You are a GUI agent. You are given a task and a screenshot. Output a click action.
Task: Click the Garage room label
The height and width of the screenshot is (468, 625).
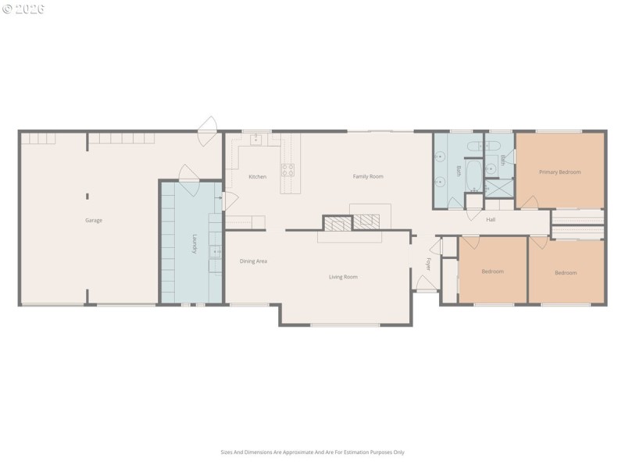[x=94, y=221]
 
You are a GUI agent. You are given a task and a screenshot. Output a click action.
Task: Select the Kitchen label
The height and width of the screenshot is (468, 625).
[x=257, y=177]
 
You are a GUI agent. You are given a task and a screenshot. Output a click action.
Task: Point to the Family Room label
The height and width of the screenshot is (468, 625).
[x=367, y=177]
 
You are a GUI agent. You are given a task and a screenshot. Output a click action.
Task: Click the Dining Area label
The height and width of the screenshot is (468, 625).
[x=253, y=261]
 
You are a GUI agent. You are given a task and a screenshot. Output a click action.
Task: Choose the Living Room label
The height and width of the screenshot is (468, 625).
[x=343, y=277]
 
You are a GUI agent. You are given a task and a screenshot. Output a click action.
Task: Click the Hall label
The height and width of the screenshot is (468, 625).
[x=491, y=220]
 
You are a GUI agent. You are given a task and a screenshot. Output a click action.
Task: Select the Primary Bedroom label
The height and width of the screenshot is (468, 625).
[x=559, y=172]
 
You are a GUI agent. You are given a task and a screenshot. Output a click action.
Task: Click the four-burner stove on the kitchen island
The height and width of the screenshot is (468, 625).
[x=288, y=169]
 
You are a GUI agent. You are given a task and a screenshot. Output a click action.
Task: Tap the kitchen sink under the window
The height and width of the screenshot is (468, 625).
[x=256, y=140]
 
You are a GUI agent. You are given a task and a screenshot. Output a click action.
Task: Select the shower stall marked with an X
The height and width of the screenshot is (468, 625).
[x=498, y=189]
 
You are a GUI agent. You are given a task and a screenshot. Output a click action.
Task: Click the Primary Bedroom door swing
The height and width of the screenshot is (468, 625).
[x=530, y=203]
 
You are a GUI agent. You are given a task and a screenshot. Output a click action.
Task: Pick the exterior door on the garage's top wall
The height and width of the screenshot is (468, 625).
[x=207, y=130]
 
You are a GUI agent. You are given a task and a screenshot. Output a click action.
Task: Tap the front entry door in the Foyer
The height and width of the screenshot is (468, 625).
[x=426, y=284]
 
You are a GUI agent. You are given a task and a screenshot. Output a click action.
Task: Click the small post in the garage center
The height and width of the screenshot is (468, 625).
[x=87, y=196]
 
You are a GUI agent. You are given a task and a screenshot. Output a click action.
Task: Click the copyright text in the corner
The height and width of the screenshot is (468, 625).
[x=23, y=9]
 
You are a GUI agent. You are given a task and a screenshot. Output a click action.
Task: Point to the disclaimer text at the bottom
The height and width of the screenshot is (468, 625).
[x=312, y=452]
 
